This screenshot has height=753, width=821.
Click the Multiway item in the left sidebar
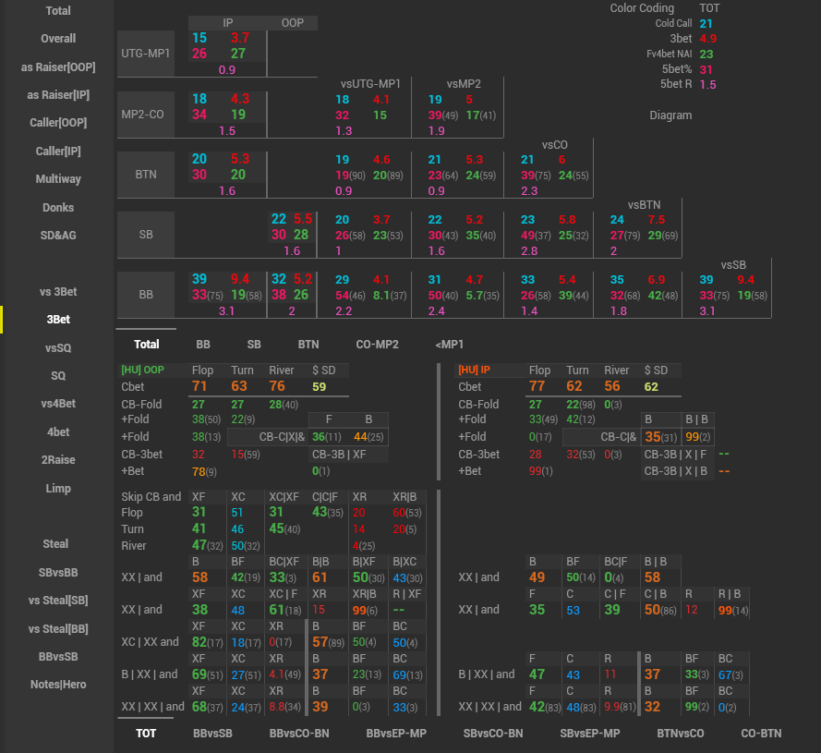(x=58, y=179)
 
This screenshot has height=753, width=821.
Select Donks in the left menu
(x=58, y=208)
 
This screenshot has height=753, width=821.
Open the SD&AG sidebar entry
(x=58, y=236)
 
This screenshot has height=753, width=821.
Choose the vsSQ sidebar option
(x=58, y=348)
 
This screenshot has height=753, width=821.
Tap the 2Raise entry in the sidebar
(x=58, y=460)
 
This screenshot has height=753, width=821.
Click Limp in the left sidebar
(x=58, y=488)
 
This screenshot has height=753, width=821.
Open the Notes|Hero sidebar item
(x=58, y=685)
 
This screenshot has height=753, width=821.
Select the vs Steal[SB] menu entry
(x=58, y=601)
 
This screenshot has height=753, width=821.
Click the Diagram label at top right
(x=670, y=115)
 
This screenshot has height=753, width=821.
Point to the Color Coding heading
(x=642, y=8)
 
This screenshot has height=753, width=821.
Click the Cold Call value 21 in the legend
(x=706, y=24)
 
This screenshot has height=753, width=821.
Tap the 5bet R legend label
(x=676, y=84)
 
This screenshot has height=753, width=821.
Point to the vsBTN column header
(x=644, y=204)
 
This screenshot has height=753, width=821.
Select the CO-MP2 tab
(x=377, y=345)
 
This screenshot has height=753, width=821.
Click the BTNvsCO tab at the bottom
(x=681, y=734)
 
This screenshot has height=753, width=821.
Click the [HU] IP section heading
(x=474, y=370)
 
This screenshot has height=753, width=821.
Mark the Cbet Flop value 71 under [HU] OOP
(x=199, y=386)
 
